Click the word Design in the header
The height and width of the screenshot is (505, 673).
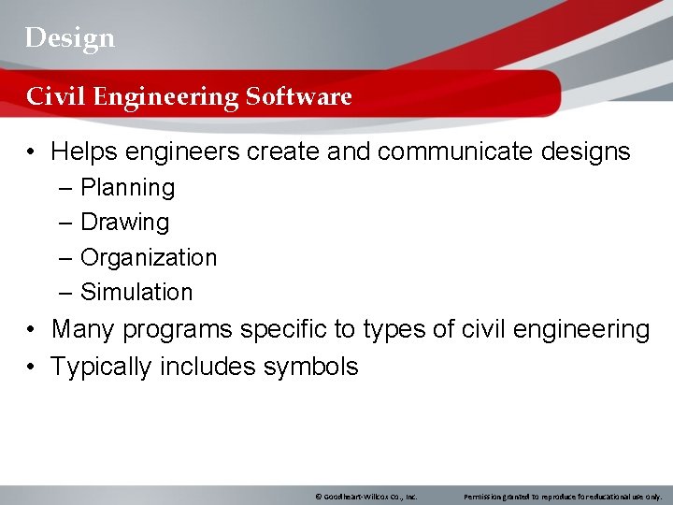70,37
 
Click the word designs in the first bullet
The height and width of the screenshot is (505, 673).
584,151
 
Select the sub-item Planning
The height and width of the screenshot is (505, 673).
127,188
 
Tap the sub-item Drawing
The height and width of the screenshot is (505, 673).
124,223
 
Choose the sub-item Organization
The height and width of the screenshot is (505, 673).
149,257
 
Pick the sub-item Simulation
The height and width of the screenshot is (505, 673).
136,292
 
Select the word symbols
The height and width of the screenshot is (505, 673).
310,367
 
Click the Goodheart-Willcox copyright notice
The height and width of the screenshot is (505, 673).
365,497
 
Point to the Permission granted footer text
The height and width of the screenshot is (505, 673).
563,497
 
